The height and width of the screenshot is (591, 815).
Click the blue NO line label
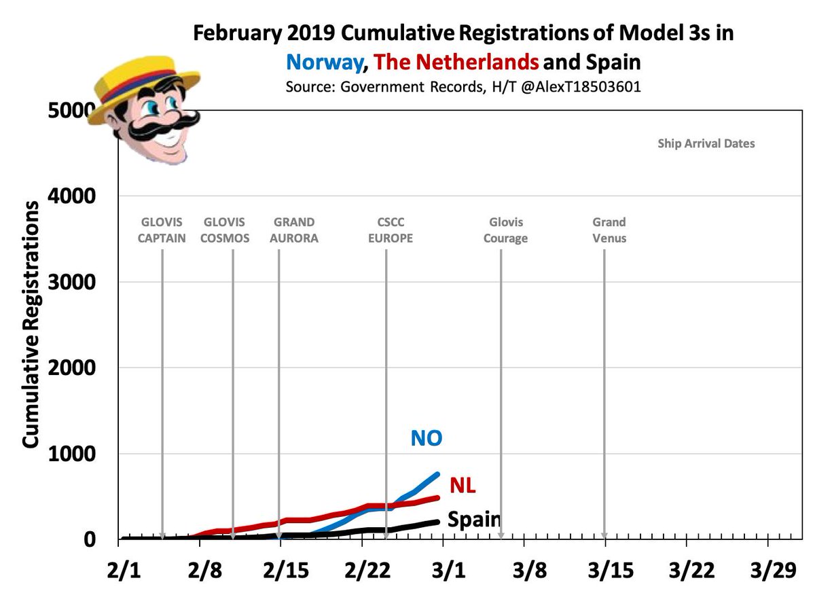tap(426, 438)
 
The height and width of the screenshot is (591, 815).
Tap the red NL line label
tap(463, 486)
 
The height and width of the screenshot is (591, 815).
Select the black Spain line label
tap(474, 521)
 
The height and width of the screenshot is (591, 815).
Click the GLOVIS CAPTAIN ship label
tap(162, 230)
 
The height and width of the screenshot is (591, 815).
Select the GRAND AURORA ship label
tap(293, 230)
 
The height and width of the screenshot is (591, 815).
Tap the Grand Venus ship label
tap(609, 230)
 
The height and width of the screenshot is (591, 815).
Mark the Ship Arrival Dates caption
tap(706, 144)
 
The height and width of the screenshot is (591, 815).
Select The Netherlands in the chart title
tap(456, 62)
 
